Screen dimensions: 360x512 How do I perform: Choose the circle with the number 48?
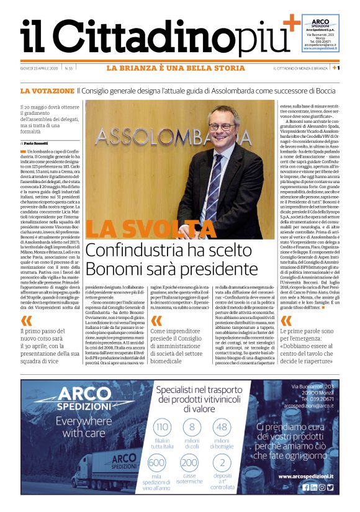(222, 427)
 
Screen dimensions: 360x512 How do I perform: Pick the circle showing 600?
(158, 464)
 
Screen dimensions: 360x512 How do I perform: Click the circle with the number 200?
(189, 464)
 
